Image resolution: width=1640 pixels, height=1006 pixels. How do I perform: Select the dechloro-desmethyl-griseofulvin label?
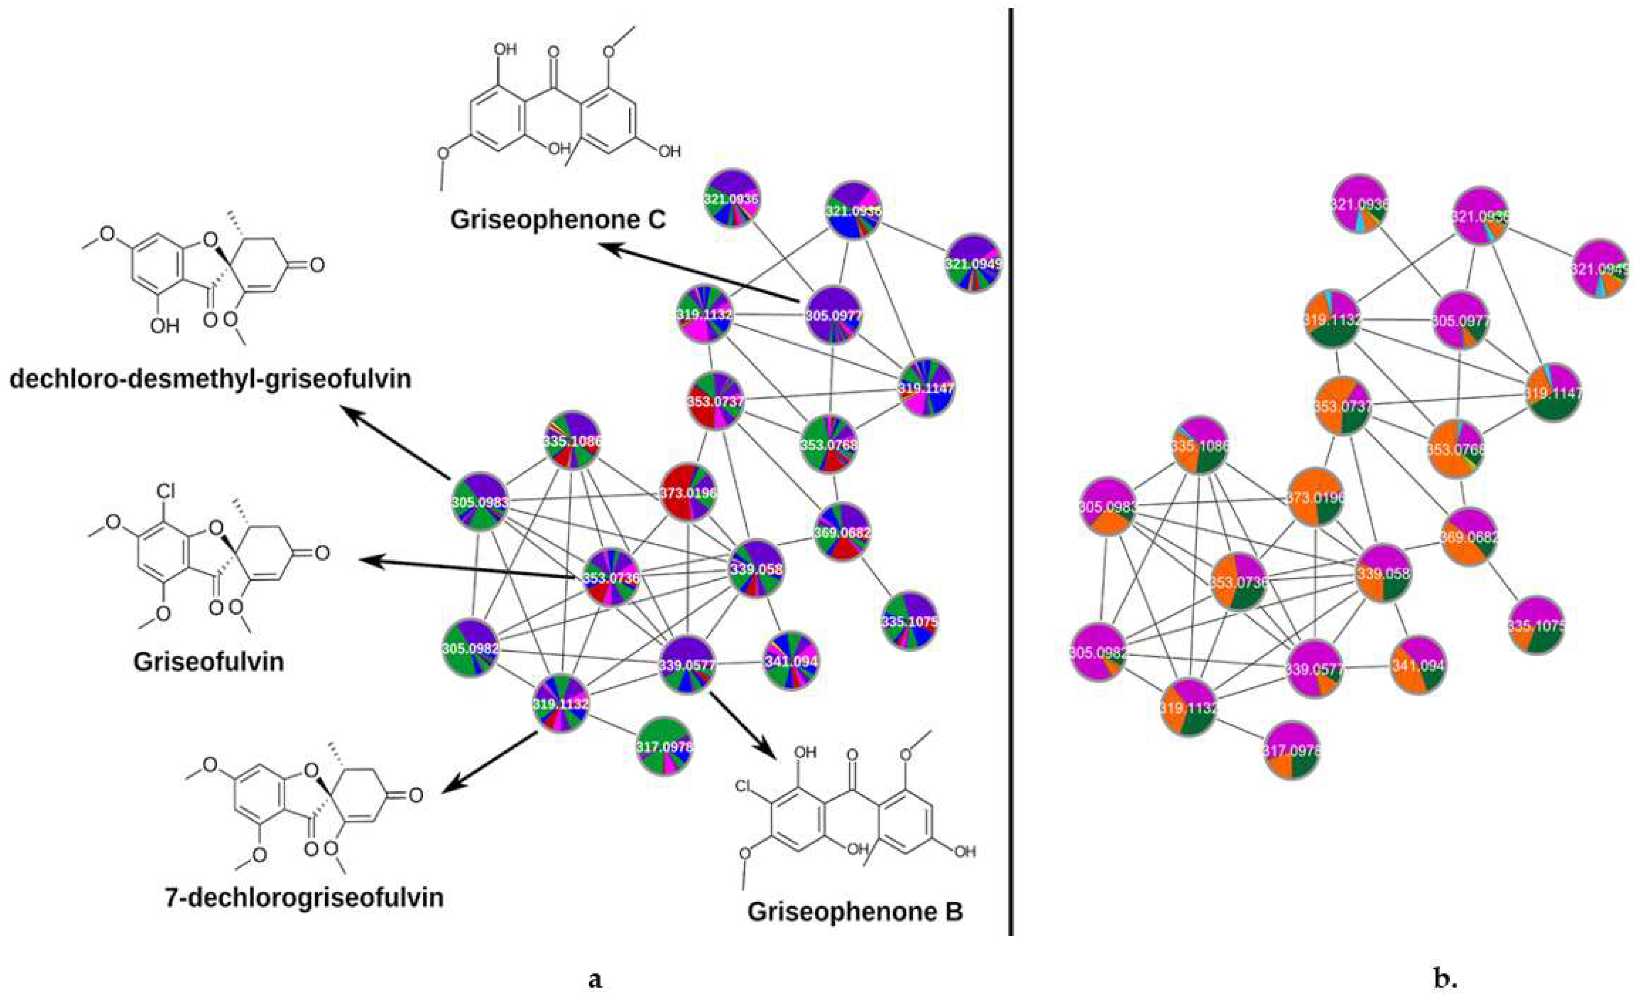coord(210,379)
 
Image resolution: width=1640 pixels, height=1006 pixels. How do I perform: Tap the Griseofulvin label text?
coord(208,661)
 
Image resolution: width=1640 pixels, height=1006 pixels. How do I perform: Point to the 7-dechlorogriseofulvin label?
coord(304,898)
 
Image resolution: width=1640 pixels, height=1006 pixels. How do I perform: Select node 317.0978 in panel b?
coord(1291,750)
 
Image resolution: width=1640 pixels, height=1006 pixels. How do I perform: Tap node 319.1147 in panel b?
coord(1553,393)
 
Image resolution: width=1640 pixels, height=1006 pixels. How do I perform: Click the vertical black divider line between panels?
coord(1012,466)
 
